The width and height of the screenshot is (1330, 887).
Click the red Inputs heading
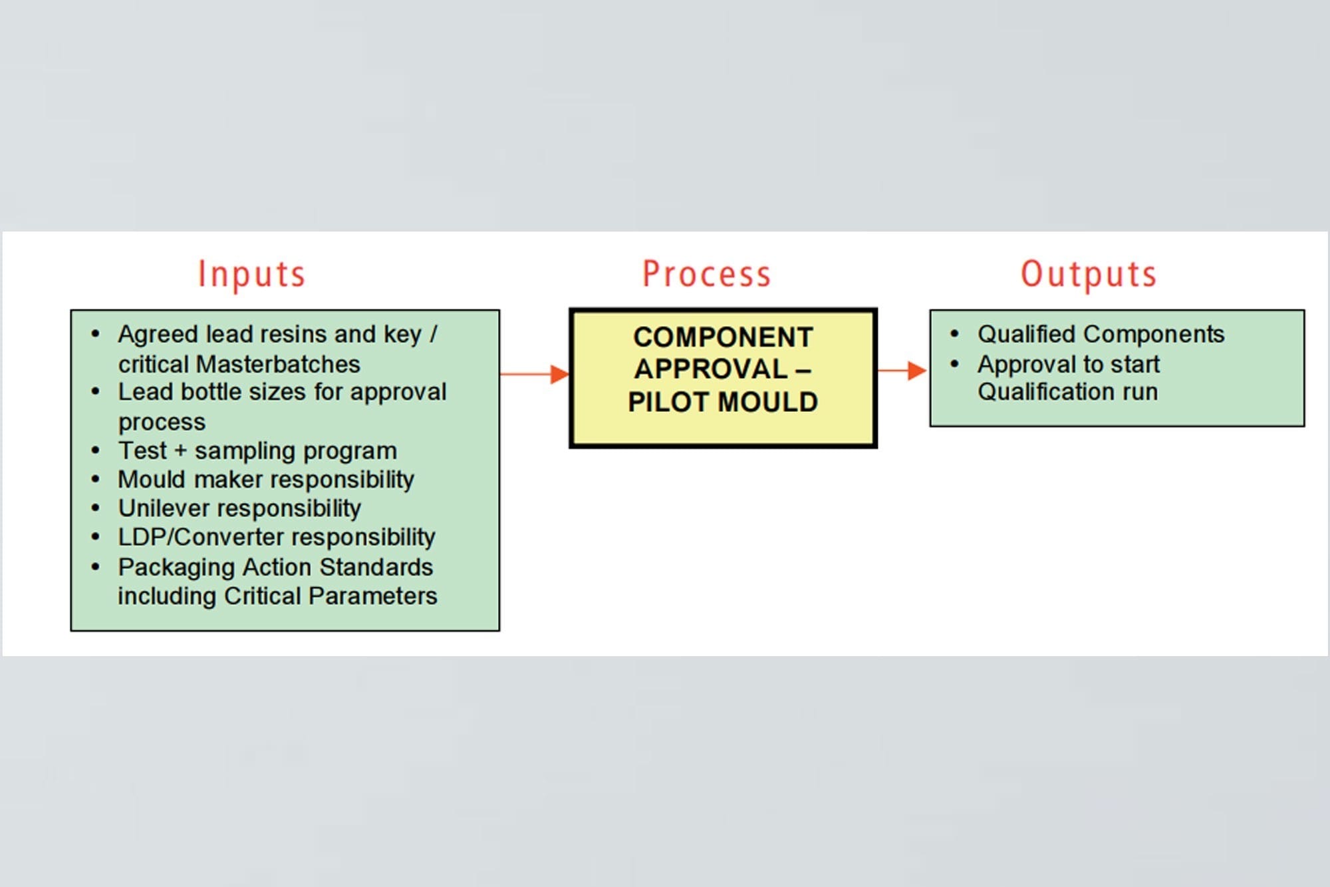tap(251, 274)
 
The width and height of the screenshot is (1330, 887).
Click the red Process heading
tap(706, 274)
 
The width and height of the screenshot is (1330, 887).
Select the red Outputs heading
tap(1089, 274)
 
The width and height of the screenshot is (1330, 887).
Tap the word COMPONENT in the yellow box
tap(723, 337)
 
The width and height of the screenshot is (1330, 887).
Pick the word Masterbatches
tap(278, 364)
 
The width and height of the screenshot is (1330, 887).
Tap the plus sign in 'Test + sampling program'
tap(180, 450)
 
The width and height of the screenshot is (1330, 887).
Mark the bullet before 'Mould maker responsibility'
tap(96, 479)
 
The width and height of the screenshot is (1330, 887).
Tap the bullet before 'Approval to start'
tap(954, 364)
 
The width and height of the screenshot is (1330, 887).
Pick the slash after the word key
tap(433, 334)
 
